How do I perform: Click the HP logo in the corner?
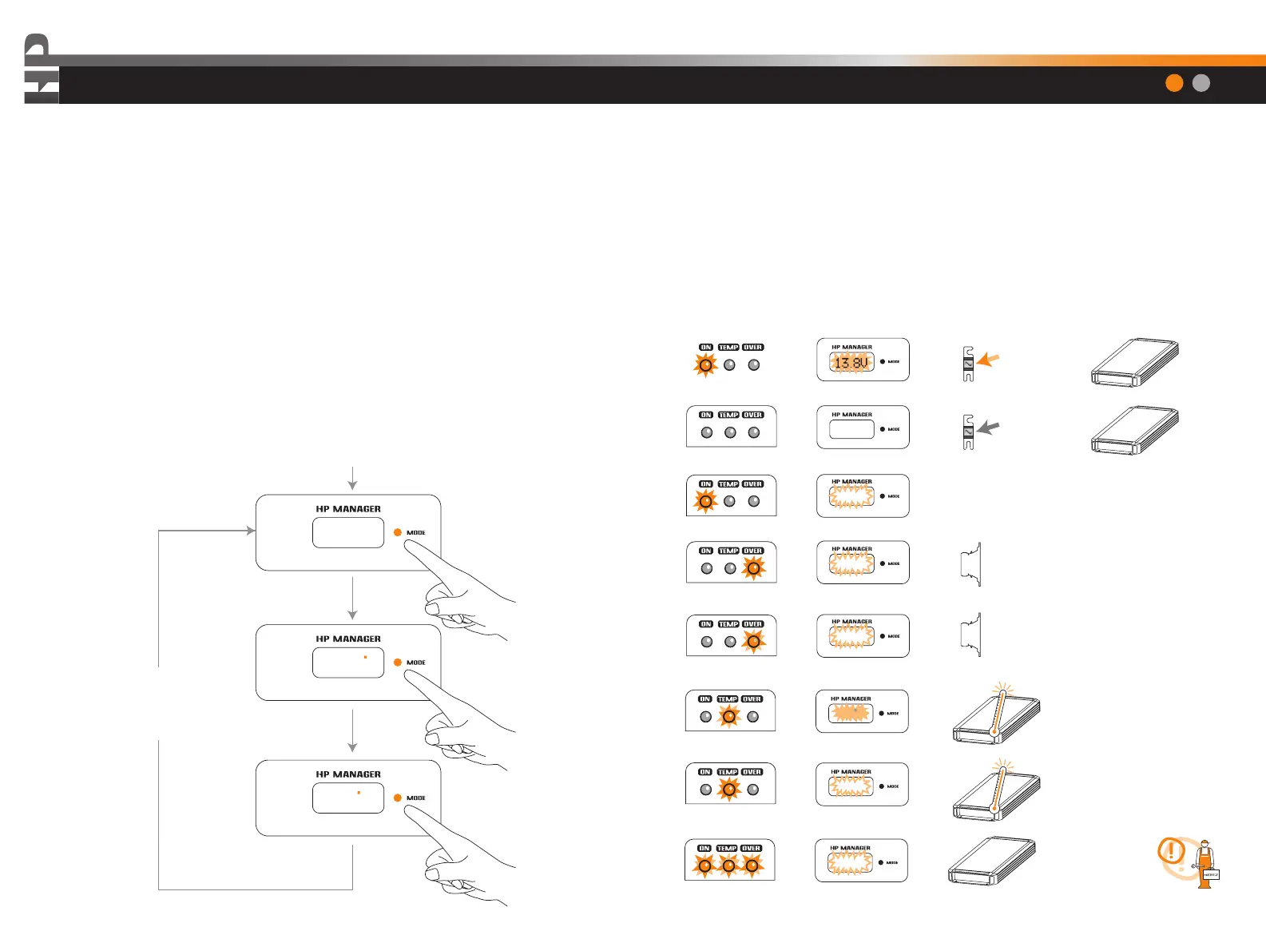point(41,70)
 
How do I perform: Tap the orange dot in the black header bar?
point(1174,83)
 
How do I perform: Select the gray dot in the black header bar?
point(1201,83)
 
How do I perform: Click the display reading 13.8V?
point(851,363)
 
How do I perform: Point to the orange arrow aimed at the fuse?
point(988,360)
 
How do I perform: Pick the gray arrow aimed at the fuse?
point(988,428)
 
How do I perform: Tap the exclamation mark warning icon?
point(1172,851)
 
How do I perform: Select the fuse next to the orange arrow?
point(968,364)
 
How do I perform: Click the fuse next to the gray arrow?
point(968,432)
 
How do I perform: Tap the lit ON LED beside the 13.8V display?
point(705,365)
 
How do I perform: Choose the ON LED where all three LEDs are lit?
point(704,865)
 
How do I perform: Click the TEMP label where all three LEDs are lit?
point(727,849)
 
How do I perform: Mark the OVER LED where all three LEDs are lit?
point(752,865)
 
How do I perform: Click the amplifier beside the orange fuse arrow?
point(1135,363)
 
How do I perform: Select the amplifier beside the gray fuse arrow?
point(1135,430)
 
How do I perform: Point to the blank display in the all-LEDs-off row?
point(851,429)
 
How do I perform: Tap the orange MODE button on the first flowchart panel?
point(398,532)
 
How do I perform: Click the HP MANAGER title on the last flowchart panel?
point(348,774)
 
